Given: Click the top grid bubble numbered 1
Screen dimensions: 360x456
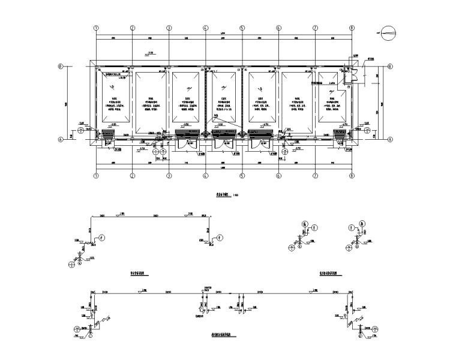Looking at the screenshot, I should coord(96,28).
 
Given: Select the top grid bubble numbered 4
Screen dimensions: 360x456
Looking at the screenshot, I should coord(206,28).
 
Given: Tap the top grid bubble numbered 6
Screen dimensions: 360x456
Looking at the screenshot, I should coord(279,28).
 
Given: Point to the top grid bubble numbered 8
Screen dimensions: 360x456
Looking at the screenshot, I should coord(352,28).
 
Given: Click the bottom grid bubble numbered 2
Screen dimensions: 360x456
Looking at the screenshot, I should coord(133,176).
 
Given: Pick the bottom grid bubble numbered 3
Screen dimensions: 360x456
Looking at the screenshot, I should coord(169,176).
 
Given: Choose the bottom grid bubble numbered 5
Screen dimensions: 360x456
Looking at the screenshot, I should coord(242,176).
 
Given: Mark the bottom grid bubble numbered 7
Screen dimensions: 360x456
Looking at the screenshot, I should coord(316,176).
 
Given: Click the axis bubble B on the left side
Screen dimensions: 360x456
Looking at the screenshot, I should coord(60,67).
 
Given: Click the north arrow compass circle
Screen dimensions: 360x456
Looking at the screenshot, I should coord(388,32).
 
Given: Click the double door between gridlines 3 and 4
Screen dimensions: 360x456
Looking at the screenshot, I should coord(187,143).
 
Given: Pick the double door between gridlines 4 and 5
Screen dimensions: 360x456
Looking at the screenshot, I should coord(224,143).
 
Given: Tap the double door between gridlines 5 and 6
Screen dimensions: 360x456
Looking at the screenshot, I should coord(262,143).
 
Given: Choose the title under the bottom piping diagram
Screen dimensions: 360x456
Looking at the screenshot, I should coord(221,336).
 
